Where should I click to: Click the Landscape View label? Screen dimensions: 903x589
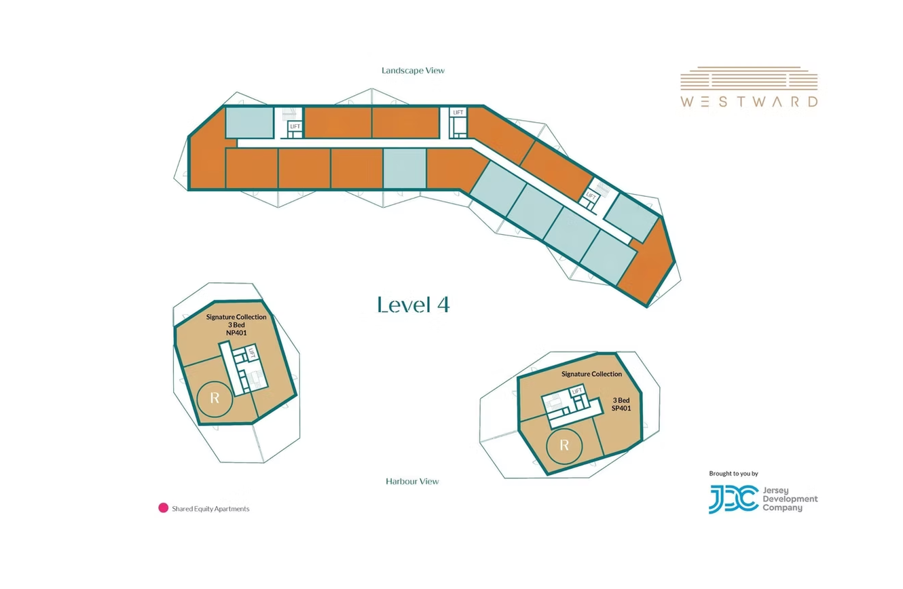pos(413,71)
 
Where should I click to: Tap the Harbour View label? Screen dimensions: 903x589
pos(412,481)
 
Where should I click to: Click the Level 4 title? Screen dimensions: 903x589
pos(413,305)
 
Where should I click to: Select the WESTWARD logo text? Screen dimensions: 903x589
pos(749,101)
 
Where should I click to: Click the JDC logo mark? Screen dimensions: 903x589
pos(734,499)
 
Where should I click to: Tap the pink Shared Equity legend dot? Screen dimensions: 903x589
pos(163,508)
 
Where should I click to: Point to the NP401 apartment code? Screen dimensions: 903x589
pos(236,332)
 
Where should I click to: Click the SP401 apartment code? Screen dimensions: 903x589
pos(621,408)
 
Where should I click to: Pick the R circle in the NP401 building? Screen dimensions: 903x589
pos(215,399)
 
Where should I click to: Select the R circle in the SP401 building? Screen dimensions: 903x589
pos(564,446)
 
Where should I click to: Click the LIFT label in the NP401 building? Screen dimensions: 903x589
pos(252,354)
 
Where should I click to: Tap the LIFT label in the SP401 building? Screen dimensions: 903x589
pos(577,391)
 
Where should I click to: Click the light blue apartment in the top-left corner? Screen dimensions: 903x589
pos(249,122)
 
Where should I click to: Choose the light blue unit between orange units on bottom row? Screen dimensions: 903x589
pos(405,168)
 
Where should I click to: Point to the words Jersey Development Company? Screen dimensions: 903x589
pos(790,499)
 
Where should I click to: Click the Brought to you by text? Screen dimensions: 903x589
pos(733,474)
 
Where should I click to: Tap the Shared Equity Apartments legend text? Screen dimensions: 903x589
pos(210,509)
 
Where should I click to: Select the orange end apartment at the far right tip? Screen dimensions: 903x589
pos(648,262)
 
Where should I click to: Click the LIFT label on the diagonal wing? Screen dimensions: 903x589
pos(591,196)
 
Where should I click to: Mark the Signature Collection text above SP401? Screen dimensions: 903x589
pos(591,375)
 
